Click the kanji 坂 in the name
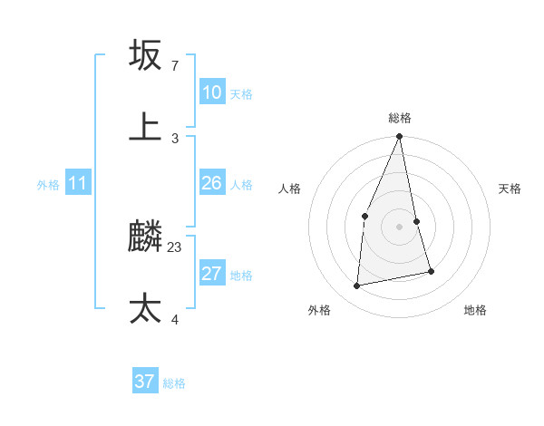pyautogui.click(x=146, y=55)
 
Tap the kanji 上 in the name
pyautogui.click(x=146, y=127)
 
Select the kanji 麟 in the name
pyautogui.click(x=146, y=237)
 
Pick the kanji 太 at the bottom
pyautogui.click(x=146, y=308)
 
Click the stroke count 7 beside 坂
pyautogui.click(x=175, y=66)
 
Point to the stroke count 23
pyautogui.click(x=175, y=247)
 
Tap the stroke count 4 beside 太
pyautogui.click(x=175, y=319)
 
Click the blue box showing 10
pyautogui.click(x=212, y=92)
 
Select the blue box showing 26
pyautogui.click(x=212, y=183)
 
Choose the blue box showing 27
pyautogui.click(x=212, y=274)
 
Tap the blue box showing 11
pyautogui.click(x=78, y=183)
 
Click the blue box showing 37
pyautogui.click(x=145, y=382)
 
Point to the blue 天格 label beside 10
pyautogui.click(x=241, y=93)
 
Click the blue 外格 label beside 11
pyautogui.click(x=48, y=184)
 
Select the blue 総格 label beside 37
pyautogui.click(x=174, y=382)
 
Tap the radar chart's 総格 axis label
pyautogui.click(x=400, y=118)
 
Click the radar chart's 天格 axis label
pyautogui.click(x=510, y=189)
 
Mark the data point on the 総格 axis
pyautogui.click(x=400, y=137)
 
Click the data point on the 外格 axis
pyautogui.click(x=357, y=286)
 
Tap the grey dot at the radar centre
pyautogui.click(x=400, y=227)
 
